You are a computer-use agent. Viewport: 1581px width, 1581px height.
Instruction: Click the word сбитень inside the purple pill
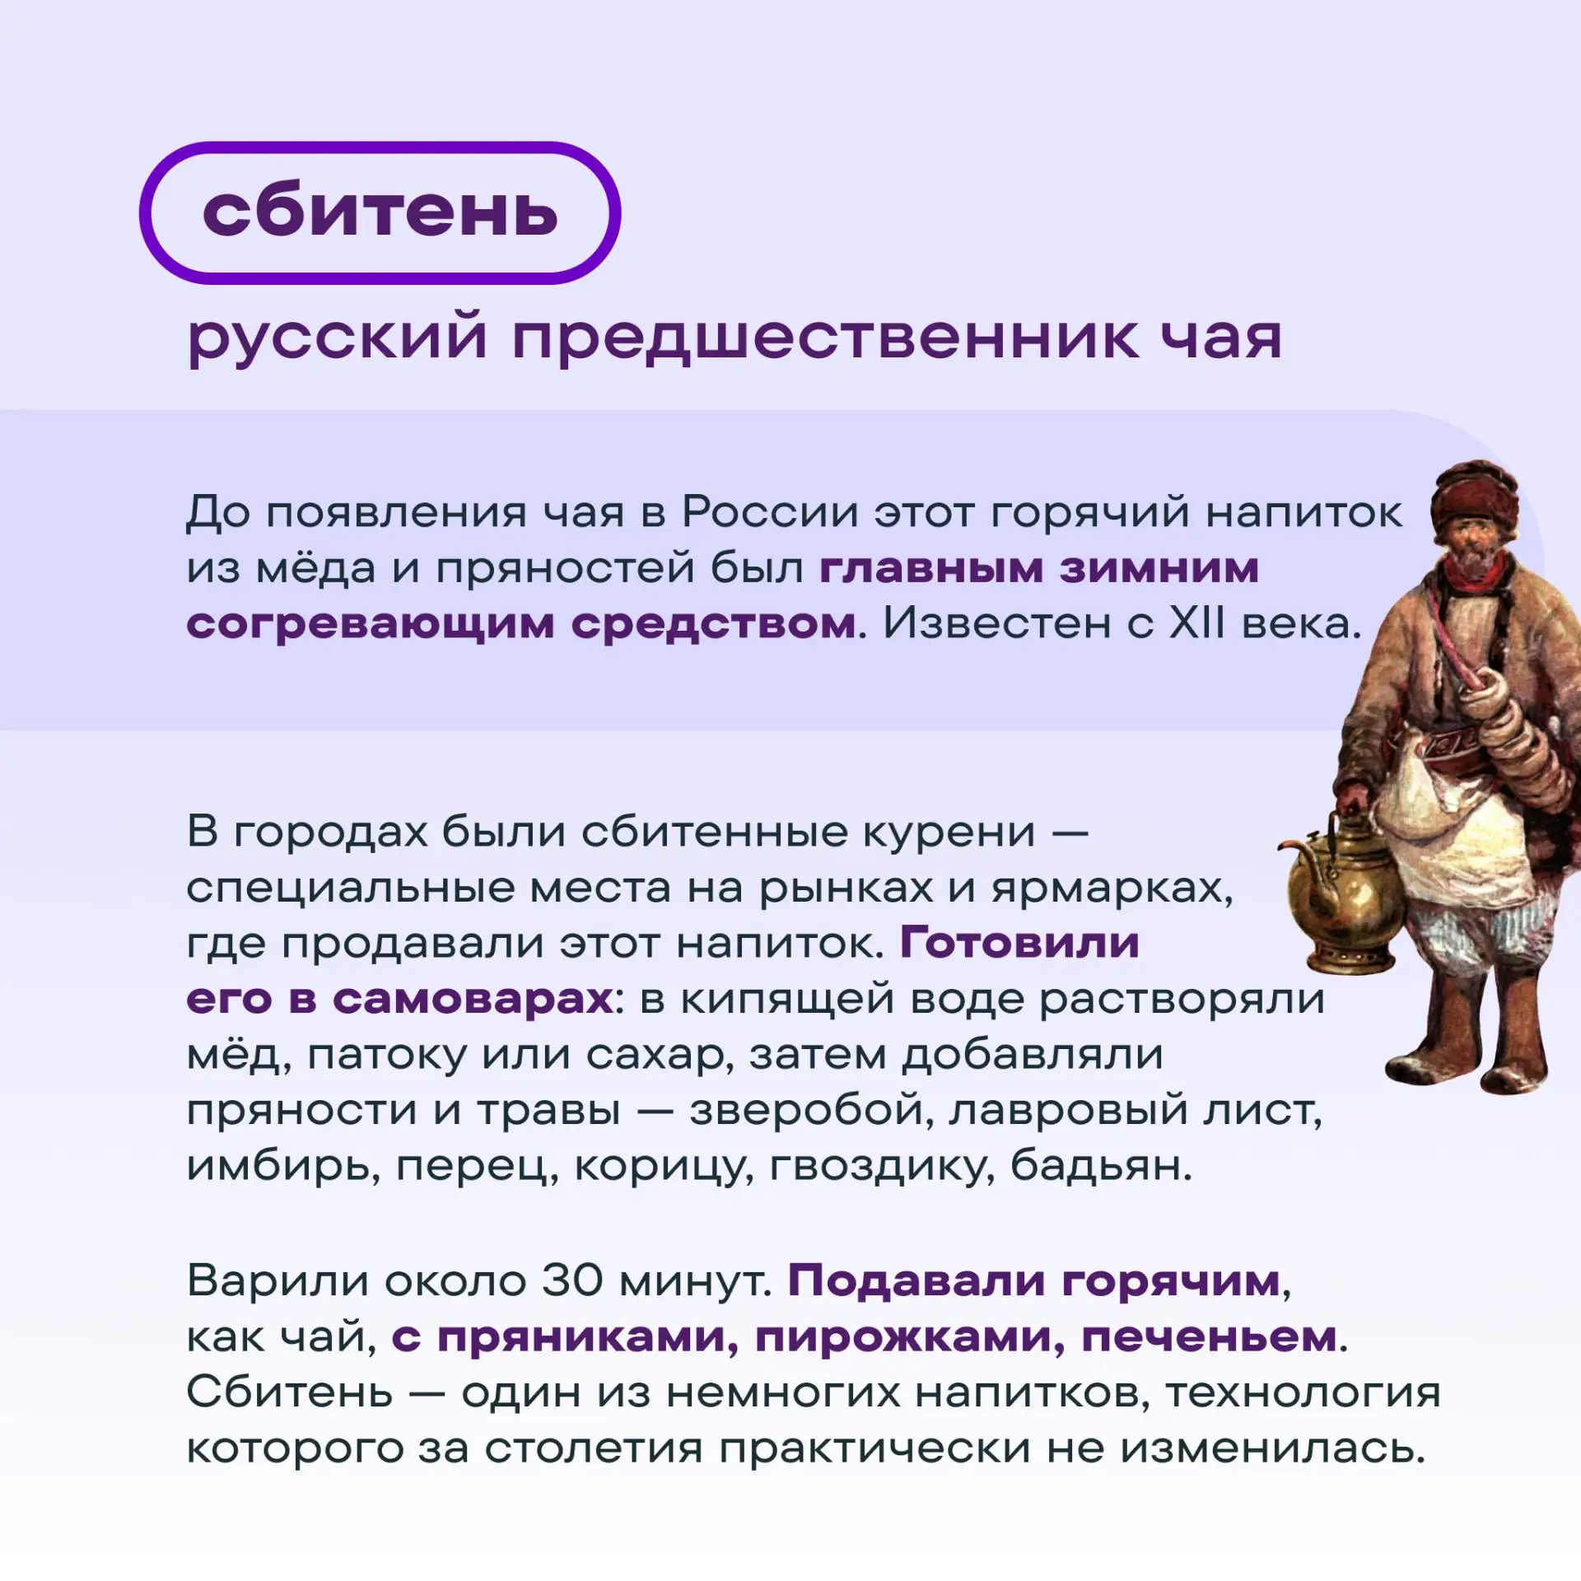pos(380,212)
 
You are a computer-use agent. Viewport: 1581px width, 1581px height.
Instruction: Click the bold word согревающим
pos(370,626)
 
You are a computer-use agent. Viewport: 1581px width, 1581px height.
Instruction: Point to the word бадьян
pos(1101,1166)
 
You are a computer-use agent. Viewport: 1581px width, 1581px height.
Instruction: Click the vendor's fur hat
pos(1475,498)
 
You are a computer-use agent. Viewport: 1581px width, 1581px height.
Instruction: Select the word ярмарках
pos(1112,889)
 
